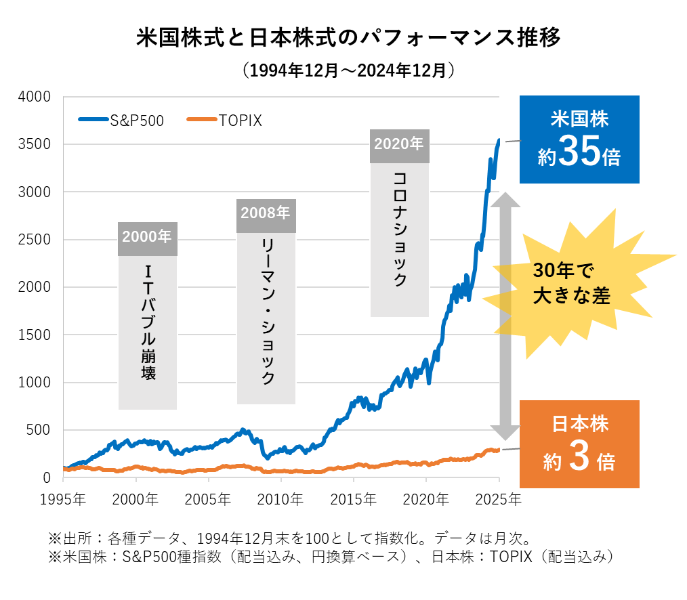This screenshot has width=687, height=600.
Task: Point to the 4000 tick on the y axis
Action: point(38,97)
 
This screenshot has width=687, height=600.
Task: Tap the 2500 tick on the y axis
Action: point(38,240)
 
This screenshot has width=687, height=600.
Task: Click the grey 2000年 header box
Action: point(147,238)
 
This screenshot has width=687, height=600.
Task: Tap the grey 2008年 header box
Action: point(266,214)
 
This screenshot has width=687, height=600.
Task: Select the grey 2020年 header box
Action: point(399,145)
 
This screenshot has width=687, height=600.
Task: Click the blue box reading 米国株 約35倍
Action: point(579,140)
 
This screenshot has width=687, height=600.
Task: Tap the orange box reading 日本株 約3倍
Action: point(579,444)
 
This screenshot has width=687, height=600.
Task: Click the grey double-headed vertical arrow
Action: point(504,314)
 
